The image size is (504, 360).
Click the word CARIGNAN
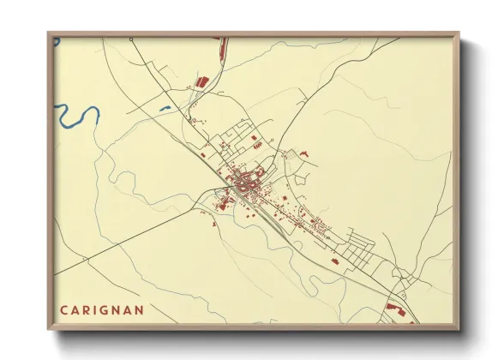[102, 309]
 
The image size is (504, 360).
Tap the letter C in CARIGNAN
[64, 309]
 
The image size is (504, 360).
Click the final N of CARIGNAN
[140, 309]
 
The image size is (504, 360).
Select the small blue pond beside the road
[165, 108]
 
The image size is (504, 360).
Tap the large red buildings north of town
[203, 81]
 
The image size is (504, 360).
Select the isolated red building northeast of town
[303, 153]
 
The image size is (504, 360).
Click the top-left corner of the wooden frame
[50, 34]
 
